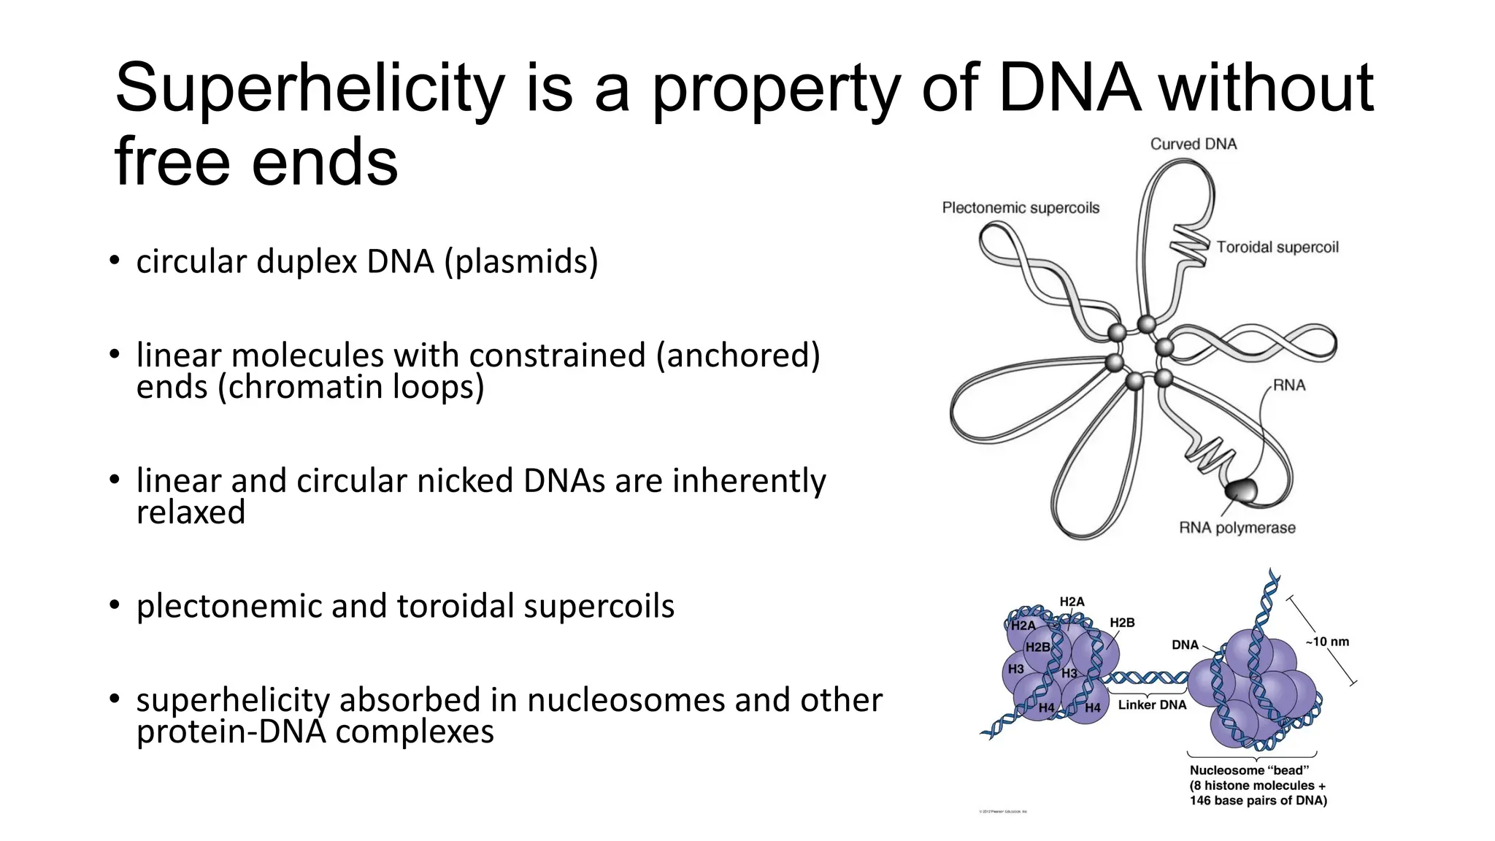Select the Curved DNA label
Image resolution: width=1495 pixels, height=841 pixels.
1194,144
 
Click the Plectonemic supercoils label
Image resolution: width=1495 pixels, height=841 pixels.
1021,208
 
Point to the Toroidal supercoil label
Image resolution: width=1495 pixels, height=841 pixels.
1277,247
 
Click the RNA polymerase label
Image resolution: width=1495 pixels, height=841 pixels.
1237,528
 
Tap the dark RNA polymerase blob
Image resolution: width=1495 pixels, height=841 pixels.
1241,490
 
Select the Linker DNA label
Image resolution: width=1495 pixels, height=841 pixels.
1152,705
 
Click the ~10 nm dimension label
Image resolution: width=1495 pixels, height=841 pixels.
1327,642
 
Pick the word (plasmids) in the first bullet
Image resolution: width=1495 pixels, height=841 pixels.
521,262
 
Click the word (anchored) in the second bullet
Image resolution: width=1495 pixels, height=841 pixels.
737,356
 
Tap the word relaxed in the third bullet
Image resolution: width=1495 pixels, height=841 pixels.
191,512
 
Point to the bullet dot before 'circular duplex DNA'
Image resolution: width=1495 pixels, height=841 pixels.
114,261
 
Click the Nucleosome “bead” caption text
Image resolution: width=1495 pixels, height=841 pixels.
1249,771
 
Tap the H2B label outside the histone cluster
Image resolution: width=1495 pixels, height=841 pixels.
1122,623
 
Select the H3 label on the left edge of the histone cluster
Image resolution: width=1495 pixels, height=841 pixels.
1015,669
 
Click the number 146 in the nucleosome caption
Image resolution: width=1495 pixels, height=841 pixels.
1200,801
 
